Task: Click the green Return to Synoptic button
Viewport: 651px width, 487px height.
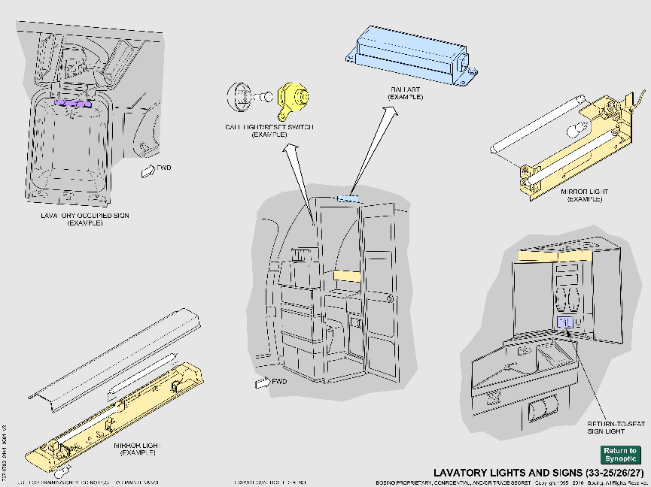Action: coord(620,455)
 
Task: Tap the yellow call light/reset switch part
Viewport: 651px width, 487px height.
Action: coord(292,98)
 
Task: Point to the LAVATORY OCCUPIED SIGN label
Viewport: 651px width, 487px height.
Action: coord(85,219)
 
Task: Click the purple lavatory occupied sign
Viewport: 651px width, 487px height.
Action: coord(72,104)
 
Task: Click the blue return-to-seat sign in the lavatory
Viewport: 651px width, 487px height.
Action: coord(565,322)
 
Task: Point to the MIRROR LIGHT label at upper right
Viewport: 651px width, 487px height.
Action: coord(585,195)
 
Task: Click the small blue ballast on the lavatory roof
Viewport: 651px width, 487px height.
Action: coord(347,199)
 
